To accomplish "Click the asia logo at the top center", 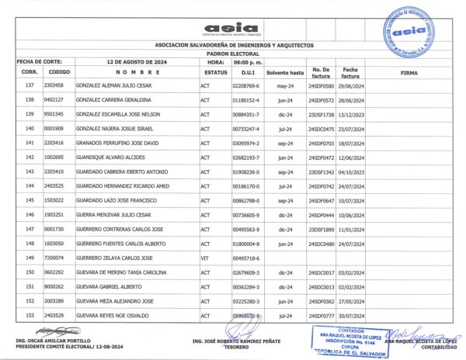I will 229,28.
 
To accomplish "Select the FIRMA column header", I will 409,71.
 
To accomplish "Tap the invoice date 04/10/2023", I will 352,171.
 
